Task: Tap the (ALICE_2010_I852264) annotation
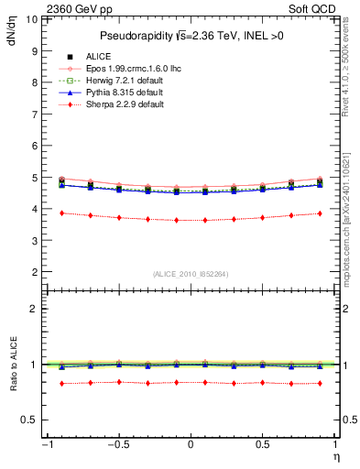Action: pos(191,274)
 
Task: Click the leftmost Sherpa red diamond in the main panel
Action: pos(61,213)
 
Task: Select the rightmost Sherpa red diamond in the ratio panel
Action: pos(320,383)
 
